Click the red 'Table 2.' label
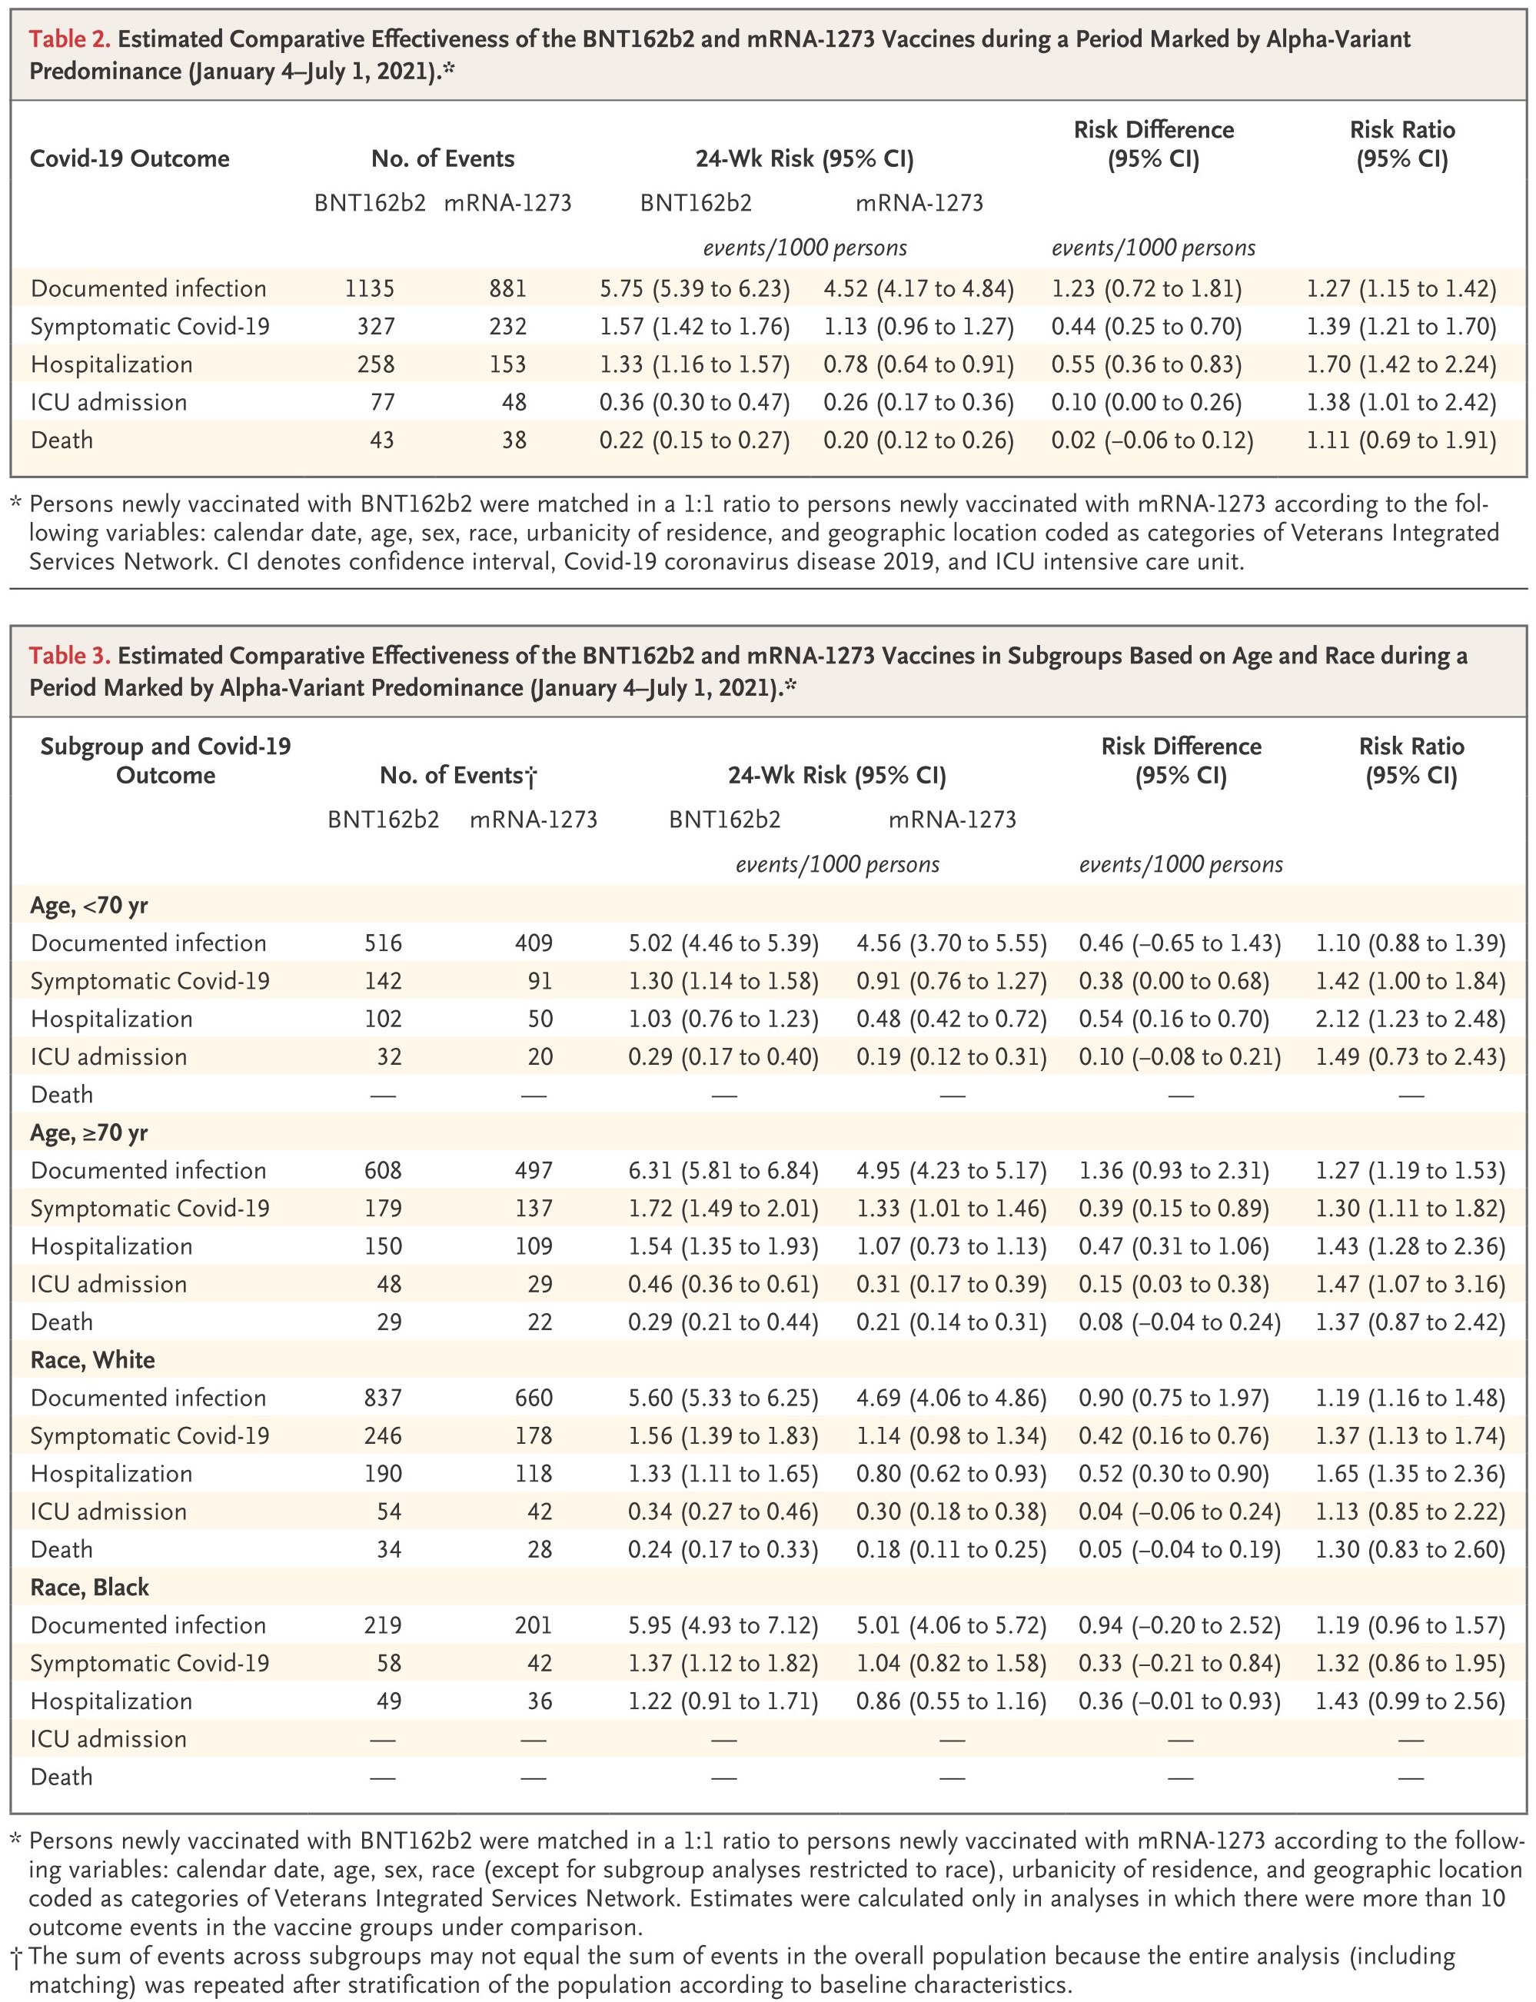69,39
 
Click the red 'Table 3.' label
69,656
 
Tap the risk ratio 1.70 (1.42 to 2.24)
1401,364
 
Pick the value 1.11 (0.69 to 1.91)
1401,441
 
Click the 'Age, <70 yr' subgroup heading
88,906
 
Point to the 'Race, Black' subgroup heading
90,1588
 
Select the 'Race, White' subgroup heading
92,1360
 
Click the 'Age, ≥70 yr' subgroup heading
88,1133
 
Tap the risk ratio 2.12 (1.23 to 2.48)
1410,1019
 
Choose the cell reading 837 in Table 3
383,1398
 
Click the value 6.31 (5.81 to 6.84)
723,1171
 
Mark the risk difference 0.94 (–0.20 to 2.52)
1179,1625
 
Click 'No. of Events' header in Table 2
443,159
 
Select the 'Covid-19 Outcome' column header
130,159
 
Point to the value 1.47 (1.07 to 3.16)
1410,1285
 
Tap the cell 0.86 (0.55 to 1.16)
951,1701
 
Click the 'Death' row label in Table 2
62,441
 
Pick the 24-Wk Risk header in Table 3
836,776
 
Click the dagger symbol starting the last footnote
18,1957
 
